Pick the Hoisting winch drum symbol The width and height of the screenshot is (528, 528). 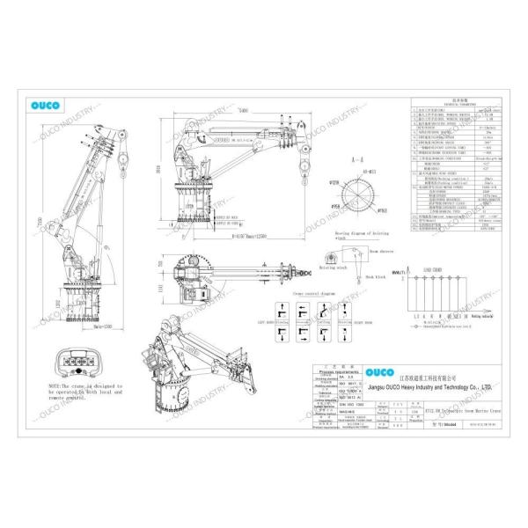(326, 258)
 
